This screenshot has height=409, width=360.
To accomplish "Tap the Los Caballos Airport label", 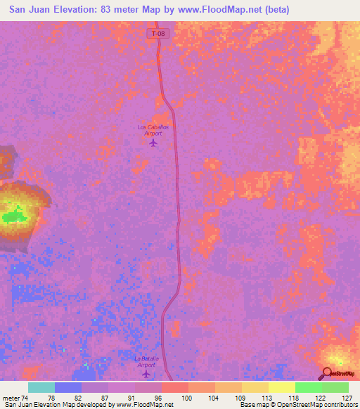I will [x=153, y=130].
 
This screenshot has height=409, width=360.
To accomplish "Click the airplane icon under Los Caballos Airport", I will [x=153, y=143].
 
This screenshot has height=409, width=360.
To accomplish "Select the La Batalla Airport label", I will [x=146, y=361].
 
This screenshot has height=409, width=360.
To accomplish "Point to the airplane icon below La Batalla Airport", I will [x=146, y=374].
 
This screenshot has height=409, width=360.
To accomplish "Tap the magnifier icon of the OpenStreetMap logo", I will [x=328, y=374].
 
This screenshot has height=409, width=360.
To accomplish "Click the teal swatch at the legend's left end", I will [x=41, y=387].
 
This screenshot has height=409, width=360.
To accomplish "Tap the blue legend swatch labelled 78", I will [x=68, y=387].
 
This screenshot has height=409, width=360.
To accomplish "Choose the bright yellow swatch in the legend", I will [x=282, y=387].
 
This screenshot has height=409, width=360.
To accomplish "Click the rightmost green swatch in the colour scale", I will [x=335, y=387].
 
